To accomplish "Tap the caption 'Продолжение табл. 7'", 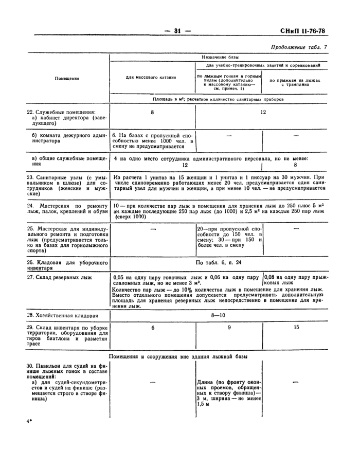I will coord(298,47).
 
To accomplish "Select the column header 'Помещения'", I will coord(67,78).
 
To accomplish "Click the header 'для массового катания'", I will coord(151,77).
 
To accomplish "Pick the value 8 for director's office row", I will coord(152,112).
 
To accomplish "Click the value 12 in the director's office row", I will coord(263,112).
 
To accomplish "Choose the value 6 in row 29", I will coord(152,327).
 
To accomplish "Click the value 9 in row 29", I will coord(229,327).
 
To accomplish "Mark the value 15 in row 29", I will coord(296,327).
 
